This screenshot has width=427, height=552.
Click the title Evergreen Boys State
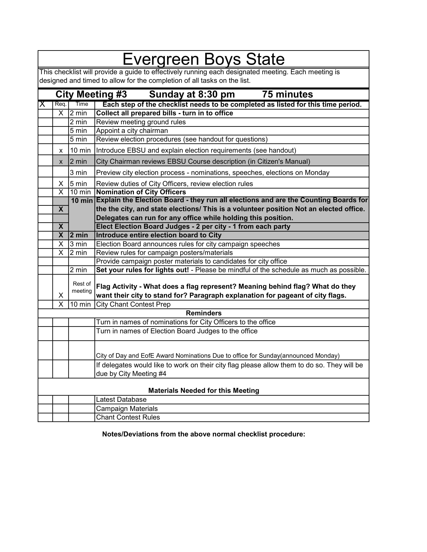point(203,59)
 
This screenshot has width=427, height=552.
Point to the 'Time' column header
point(82,104)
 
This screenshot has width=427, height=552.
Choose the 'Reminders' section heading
point(203,313)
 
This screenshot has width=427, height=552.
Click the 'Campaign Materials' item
point(127,408)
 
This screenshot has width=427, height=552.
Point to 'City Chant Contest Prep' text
point(133,304)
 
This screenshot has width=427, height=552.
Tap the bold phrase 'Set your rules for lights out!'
point(143,270)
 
